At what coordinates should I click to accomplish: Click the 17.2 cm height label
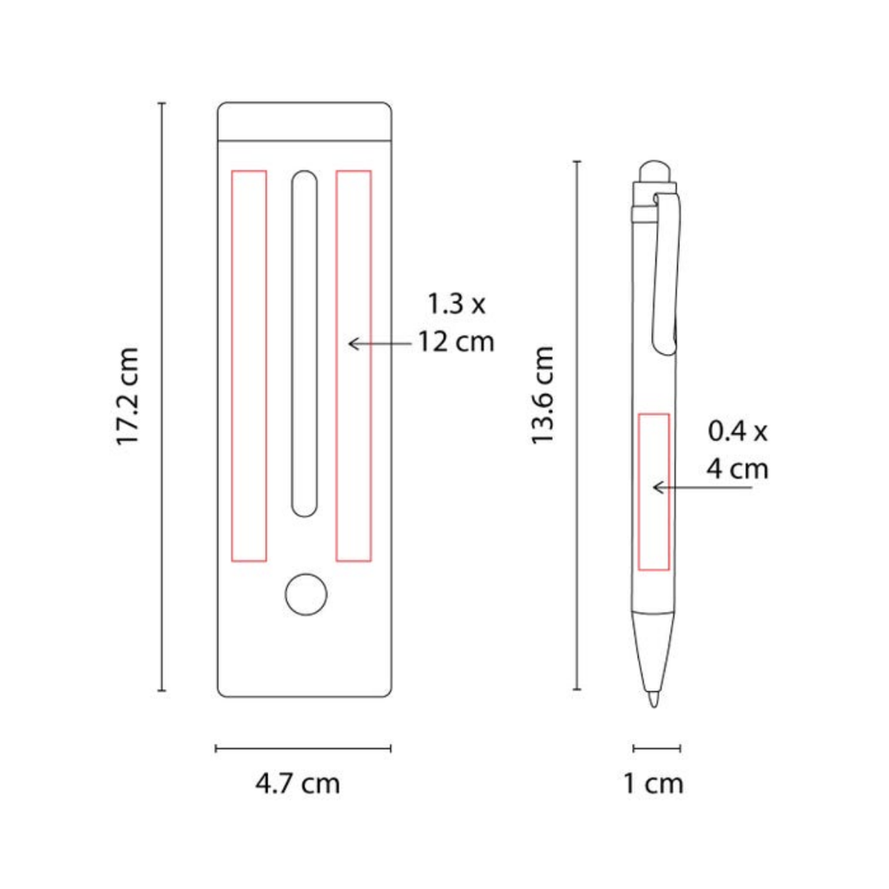[127, 396]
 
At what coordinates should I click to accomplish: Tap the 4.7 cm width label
[298, 784]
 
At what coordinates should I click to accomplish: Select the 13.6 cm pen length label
[542, 395]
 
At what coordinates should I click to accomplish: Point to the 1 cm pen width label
[653, 784]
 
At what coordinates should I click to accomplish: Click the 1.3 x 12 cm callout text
[457, 323]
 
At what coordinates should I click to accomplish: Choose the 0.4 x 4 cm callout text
[738, 450]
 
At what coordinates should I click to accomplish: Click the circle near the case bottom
[306, 594]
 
